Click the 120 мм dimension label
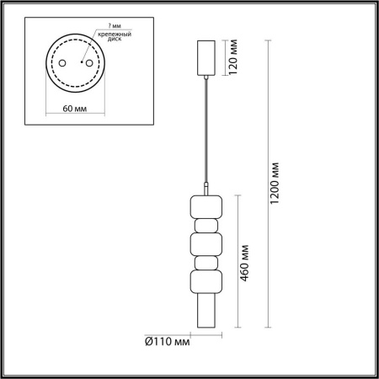tap(233, 57)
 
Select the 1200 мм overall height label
tap(275, 184)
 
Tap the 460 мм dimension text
tap(244, 263)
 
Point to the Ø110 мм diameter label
tap(168, 342)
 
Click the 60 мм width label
tap(75, 109)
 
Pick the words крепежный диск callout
tap(115, 37)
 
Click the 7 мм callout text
tap(115, 26)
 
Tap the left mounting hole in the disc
tap(62, 63)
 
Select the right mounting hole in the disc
tap(89, 63)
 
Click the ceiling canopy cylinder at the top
tap(206, 58)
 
